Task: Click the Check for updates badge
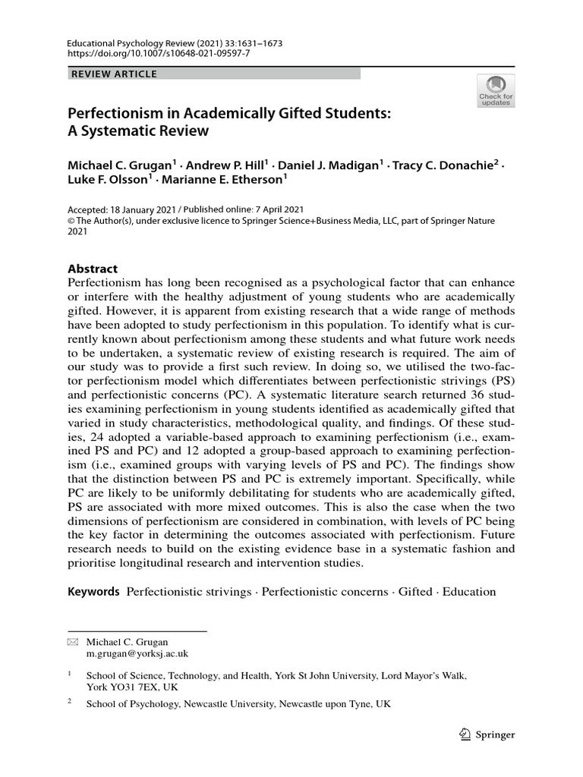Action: pos(496,90)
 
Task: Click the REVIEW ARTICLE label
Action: pos(114,74)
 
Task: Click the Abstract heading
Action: pos(93,269)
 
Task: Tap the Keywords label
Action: pos(93,591)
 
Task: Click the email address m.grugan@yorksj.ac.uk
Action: pos(137,653)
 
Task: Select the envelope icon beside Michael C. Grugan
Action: pos(73,641)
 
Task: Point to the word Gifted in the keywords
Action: pos(414,591)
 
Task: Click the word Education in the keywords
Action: pos(468,591)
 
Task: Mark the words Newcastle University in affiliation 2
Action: pos(228,703)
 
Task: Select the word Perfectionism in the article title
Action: pos(115,112)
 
